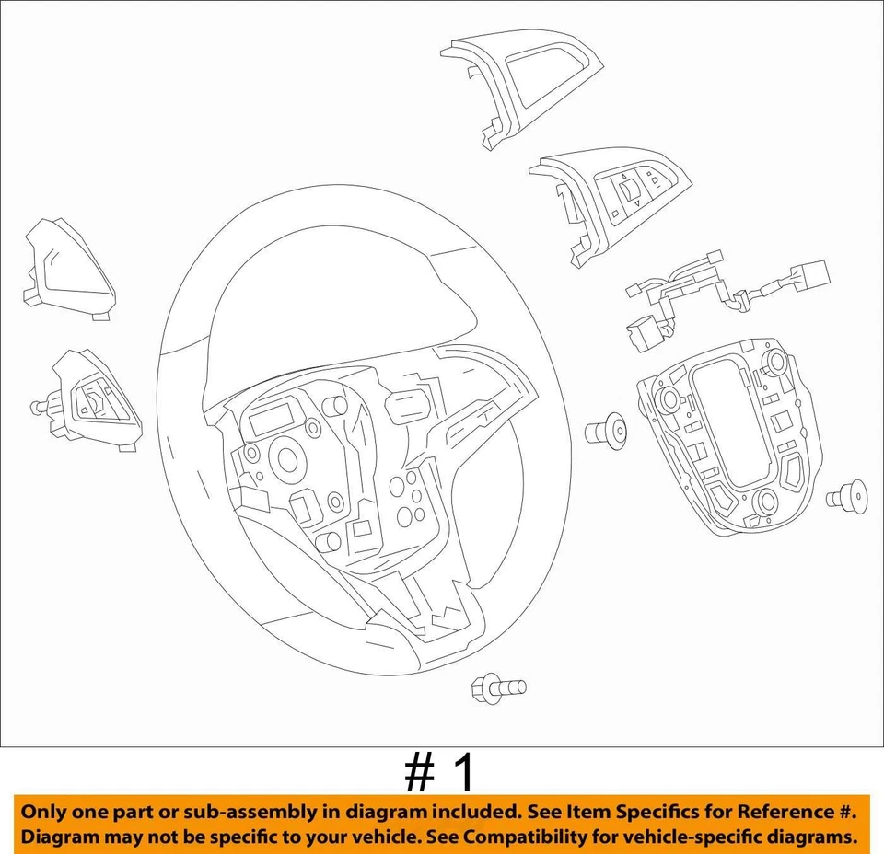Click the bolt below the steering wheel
[496, 687]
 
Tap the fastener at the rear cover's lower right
[848, 497]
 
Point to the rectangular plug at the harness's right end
[811, 273]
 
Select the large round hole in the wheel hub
[288, 459]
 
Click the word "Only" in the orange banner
[45, 813]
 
